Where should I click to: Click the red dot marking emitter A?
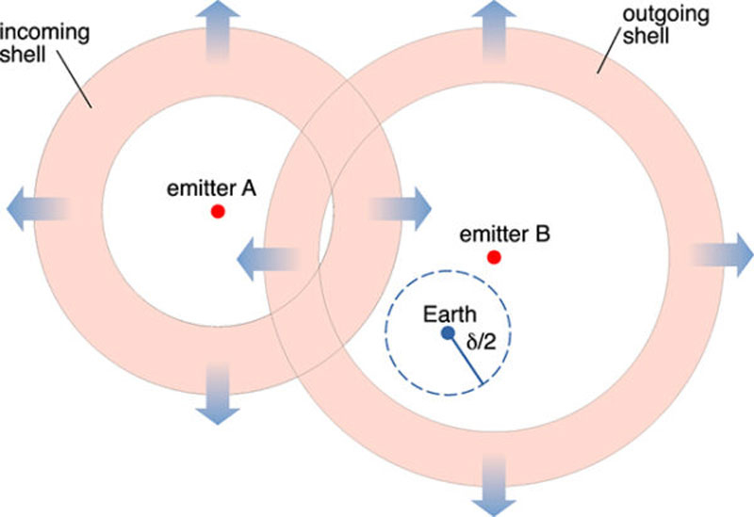pyautogui.click(x=217, y=212)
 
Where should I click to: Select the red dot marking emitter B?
pyautogui.click(x=492, y=257)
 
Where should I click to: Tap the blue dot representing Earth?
pyautogui.click(x=446, y=333)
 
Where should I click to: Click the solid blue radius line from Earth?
pyautogui.click(x=466, y=359)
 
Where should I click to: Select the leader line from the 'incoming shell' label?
pyautogui.click(x=73, y=83)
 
